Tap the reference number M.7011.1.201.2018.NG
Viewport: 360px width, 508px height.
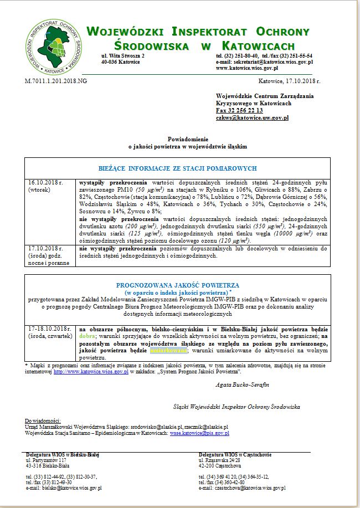click(56, 81)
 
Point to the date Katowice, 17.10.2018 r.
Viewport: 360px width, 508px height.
click(289, 81)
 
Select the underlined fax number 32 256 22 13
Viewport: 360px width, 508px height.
click(239, 110)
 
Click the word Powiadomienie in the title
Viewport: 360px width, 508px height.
click(188, 139)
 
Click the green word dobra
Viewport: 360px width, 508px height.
click(87, 336)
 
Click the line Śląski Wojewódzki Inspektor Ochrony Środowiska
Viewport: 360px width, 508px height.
click(236, 407)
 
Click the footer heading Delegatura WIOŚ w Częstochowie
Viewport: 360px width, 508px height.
click(235, 455)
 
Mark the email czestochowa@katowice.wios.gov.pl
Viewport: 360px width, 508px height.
click(242, 488)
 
